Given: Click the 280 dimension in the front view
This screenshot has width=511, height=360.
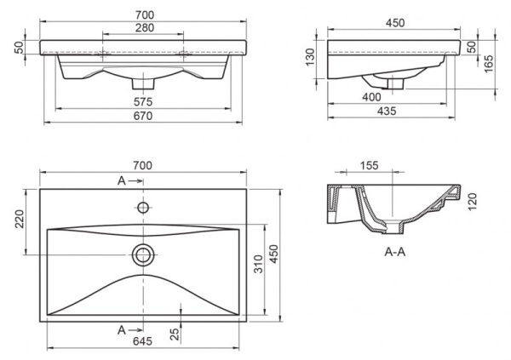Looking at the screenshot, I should [x=142, y=28].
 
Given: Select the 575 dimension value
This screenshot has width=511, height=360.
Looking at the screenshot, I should [x=142, y=103].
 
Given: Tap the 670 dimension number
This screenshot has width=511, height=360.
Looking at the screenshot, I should [x=142, y=117].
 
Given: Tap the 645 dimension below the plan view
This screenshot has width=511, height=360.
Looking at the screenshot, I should [x=142, y=341].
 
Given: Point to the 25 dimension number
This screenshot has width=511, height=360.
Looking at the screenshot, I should [x=174, y=335].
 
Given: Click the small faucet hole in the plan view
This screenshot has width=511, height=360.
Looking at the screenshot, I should [x=142, y=207].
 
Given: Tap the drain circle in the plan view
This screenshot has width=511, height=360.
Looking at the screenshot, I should [x=142, y=253].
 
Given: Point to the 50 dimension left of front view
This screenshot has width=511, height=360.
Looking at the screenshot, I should [x=17, y=48].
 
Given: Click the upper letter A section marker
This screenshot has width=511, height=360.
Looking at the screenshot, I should [x=122, y=181].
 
